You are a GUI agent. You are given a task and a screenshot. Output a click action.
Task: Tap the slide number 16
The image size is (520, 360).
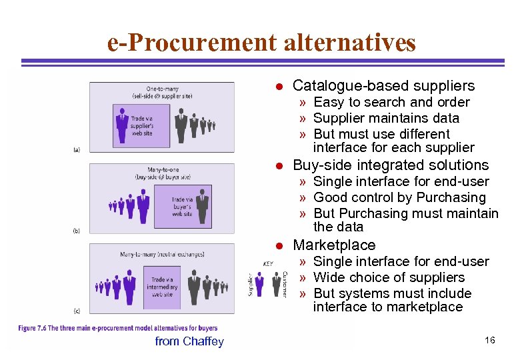(x=490, y=341)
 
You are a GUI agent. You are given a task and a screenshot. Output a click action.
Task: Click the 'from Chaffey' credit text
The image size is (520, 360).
(x=189, y=341)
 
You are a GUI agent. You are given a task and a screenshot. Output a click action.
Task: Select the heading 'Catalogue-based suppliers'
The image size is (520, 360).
(x=383, y=85)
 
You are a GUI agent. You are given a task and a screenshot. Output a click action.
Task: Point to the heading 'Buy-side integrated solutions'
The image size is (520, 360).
(x=391, y=165)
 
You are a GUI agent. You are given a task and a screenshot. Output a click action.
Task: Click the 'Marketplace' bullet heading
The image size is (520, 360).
(x=334, y=245)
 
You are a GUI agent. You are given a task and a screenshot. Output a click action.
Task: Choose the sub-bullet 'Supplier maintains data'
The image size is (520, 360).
(x=386, y=118)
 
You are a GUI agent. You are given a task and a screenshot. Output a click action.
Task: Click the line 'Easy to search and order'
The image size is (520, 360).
(x=391, y=102)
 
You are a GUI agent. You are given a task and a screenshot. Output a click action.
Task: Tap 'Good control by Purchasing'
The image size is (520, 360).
(x=399, y=197)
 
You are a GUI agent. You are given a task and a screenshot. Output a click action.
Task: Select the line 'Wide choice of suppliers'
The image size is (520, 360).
(x=389, y=277)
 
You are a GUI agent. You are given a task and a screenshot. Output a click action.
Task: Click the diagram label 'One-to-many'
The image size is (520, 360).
(x=162, y=89)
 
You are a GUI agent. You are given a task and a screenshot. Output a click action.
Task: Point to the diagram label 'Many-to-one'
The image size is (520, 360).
(x=163, y=170)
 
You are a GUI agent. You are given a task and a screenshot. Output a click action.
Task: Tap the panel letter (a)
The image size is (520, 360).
(x=77, y=150)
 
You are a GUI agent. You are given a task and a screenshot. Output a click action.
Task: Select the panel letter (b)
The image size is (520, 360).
(x=77, y=231)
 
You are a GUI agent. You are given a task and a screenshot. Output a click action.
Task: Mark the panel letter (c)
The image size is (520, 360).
(x=77, y=311)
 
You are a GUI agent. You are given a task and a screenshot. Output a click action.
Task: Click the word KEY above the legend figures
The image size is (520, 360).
(x=268, y=264)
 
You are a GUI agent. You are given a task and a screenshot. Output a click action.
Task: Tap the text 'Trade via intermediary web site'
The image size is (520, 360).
(x=163, y=287)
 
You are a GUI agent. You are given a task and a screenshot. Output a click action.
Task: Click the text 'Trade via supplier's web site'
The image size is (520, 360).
(x=142, y=126)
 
